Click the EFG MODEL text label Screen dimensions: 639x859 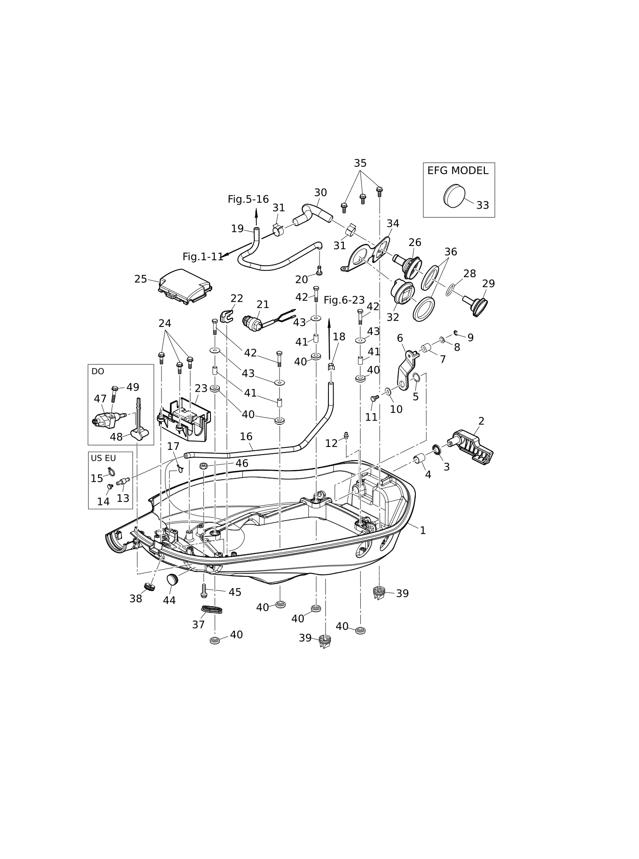[x=458, y=171]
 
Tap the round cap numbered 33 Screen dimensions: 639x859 [x=454, y=196]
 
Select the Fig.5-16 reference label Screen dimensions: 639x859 [x=248, y=199]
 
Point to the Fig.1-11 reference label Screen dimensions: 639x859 [x=203, y=257]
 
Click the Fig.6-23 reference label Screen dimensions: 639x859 [x=344, y=300]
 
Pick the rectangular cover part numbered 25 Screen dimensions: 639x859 [x=185, y=287]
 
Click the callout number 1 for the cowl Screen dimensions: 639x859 [x=423, y=530]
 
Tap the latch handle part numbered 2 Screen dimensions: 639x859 [x=471, y=447]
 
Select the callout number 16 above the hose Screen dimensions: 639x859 [x=246, y=436]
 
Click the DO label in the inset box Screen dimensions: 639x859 [x=98, y=371]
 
